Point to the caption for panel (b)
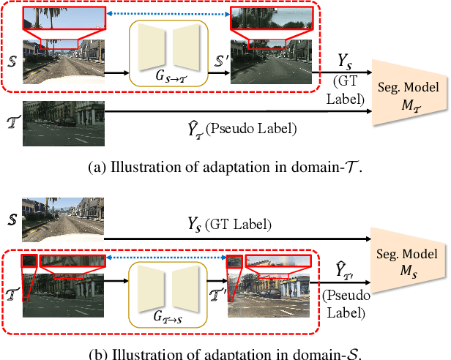pos(225,353)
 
